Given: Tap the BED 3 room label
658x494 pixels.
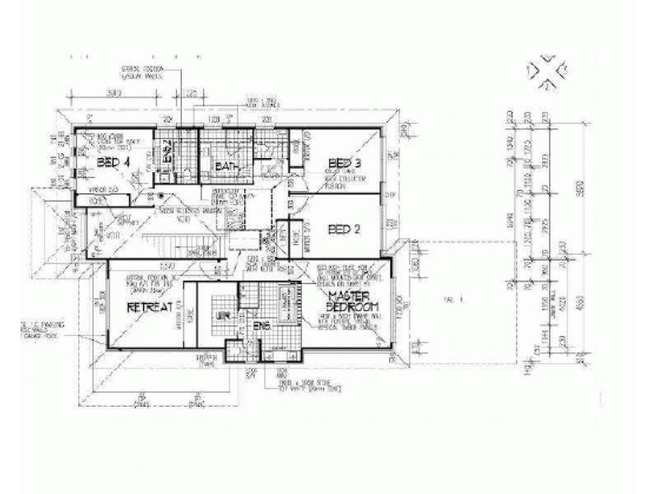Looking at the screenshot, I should [345, 162].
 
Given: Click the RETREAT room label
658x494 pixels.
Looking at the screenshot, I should [148, 307].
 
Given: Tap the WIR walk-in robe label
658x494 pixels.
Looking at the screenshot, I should [221, 315].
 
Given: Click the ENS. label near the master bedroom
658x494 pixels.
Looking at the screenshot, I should [262, 327].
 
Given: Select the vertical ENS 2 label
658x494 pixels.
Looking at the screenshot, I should [165, 153].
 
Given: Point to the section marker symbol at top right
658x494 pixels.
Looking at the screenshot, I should [545, 72].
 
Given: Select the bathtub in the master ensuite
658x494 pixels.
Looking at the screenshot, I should [286, 305].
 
